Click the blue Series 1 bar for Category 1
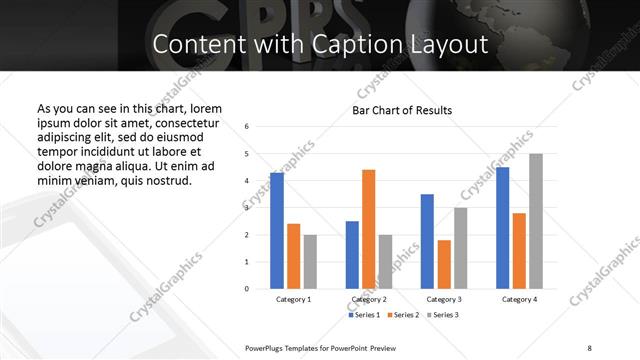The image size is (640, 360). pos(277,231)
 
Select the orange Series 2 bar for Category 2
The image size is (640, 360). pos(369,229)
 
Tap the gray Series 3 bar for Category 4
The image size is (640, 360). pos(536,221)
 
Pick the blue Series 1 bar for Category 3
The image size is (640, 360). pos(427,241)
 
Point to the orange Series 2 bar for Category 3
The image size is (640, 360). pos(444,264)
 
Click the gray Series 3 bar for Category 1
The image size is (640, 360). pos(310,262)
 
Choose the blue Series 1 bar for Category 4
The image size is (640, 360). pos(503,228)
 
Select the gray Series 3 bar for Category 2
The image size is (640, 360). pos(386,262)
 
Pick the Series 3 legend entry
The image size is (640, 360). pos(443,315)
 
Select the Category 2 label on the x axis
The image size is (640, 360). pos(369,299)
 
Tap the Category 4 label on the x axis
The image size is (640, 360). pos(519,299)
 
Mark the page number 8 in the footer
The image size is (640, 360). pos(589,347)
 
